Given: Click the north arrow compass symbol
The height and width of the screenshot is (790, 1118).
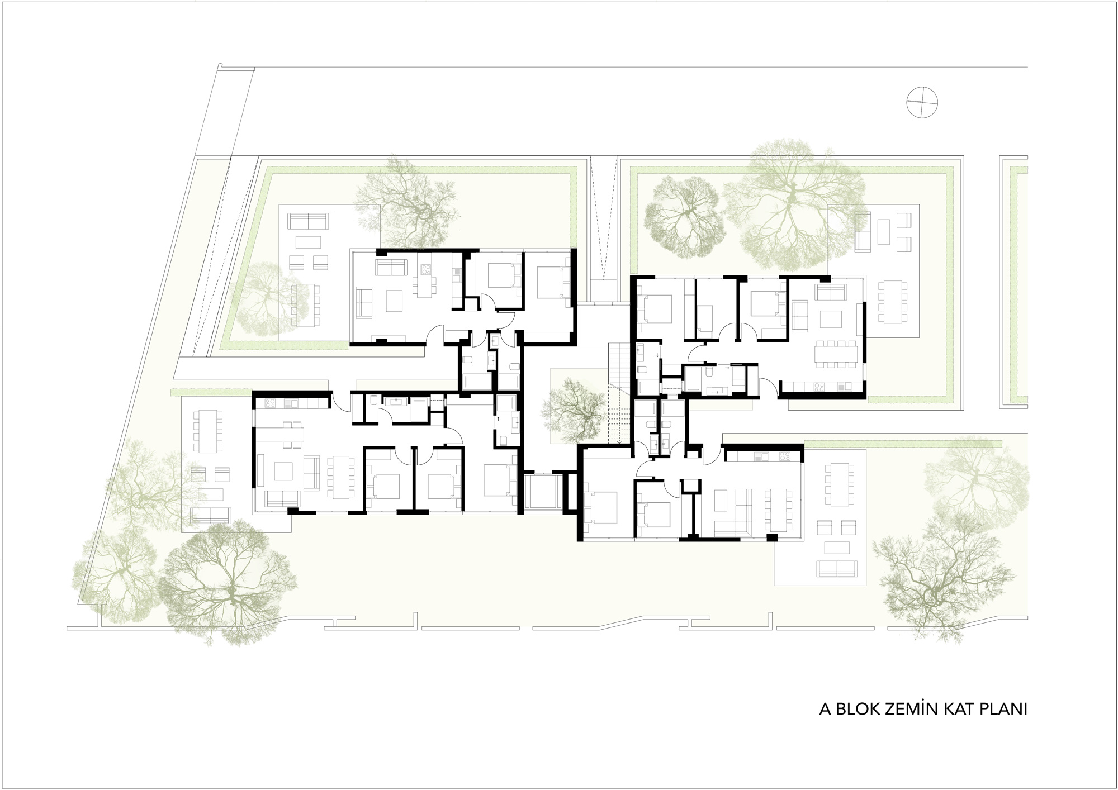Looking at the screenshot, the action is coord(922,103).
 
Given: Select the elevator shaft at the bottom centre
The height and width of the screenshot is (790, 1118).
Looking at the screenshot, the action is coord(541,492).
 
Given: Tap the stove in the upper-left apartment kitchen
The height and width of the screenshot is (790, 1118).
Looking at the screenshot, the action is coord(427,270).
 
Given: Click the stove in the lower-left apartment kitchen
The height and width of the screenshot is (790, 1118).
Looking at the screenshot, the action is coord(271,402).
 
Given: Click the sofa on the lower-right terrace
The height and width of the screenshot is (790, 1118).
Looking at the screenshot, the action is coord(837,568).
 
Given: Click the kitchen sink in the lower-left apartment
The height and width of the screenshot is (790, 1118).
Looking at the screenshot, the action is coord(291,403).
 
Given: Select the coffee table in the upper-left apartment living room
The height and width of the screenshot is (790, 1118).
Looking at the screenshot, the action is coord(392,301).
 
